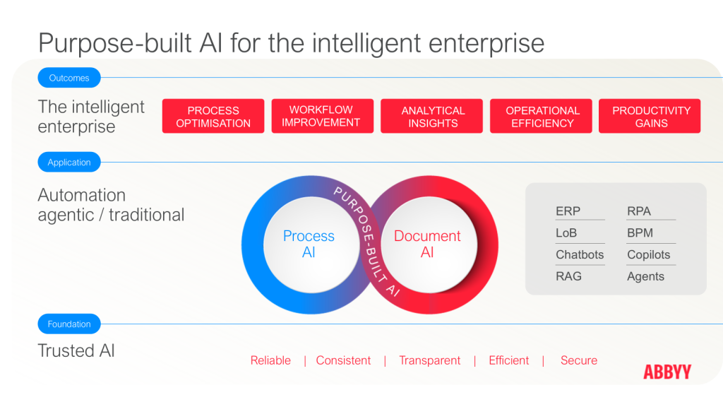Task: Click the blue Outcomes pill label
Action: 69,78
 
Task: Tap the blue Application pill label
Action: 69,162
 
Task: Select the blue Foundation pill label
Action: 69,324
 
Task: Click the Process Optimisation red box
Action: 213,117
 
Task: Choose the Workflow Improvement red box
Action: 322,117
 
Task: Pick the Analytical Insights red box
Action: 431,117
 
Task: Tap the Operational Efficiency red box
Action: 541,117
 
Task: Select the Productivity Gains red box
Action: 650,117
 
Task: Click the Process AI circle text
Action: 309,244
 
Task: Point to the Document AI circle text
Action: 427,244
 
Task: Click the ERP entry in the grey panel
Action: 568,211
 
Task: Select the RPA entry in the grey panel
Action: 639,211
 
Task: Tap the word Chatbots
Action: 580,254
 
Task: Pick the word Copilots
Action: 649,254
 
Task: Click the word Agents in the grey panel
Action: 645,276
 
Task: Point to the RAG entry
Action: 568,276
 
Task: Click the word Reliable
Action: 270,360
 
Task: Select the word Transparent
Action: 430,360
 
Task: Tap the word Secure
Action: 579,360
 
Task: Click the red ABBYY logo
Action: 667,372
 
